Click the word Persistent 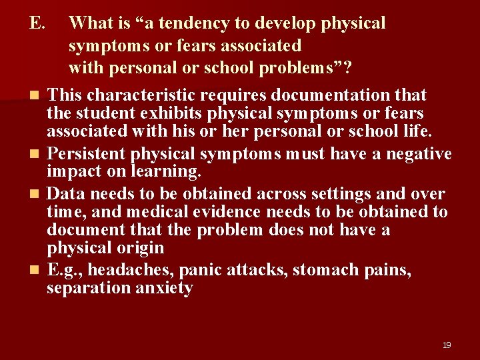(x=87, y=154)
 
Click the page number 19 (x=446, y=345)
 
